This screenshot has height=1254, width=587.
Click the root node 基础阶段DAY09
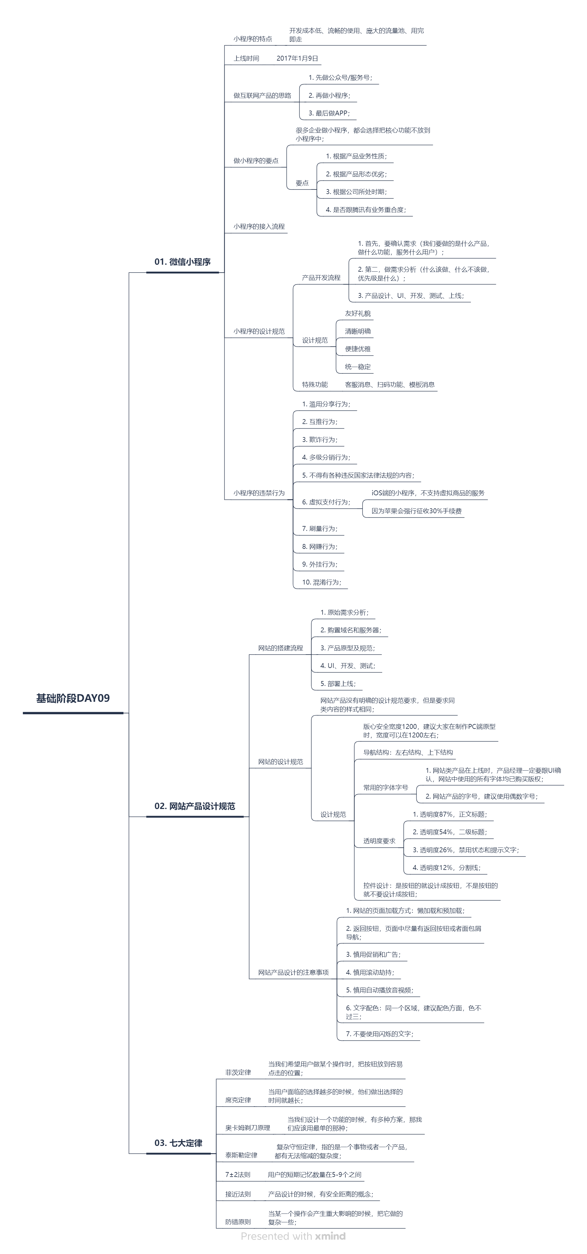tap(73, 698)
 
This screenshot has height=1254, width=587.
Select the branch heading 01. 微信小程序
tap(182, 262)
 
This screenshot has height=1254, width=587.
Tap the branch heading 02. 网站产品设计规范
tap(194, 806)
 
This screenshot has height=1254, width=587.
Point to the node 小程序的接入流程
tap(259, 226)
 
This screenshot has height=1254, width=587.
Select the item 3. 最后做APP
tap(329, 113)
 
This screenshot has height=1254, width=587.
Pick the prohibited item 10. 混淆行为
tap(322, 582)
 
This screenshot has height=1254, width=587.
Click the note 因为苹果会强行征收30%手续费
tap(417, 511)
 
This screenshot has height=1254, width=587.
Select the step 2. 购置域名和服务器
tap(351, 630)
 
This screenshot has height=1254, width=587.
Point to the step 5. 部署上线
tap(338, 684)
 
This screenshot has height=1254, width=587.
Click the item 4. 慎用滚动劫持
tap(370, 972)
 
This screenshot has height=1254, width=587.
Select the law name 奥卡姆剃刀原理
tap(247, 1127)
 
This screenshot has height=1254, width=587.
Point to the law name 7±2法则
tap(238, 1175)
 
